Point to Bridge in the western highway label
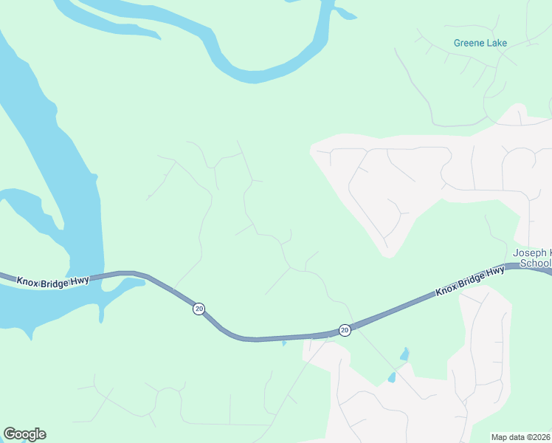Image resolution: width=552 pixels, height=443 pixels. (55, 281)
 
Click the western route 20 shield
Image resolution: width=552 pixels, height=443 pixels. (199, 308)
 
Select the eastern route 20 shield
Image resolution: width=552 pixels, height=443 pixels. (345, 330)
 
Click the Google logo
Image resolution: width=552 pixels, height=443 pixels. (24, 434)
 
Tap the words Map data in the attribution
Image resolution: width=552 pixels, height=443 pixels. (508, 437)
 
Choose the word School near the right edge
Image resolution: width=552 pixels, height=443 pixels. (536, 263)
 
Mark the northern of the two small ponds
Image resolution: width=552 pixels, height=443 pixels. (404, 354)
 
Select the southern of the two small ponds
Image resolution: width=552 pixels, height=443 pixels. (392, 377)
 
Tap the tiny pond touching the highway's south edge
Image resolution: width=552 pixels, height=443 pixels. (284, 343)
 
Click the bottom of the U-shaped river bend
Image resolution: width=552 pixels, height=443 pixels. (255, 75)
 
